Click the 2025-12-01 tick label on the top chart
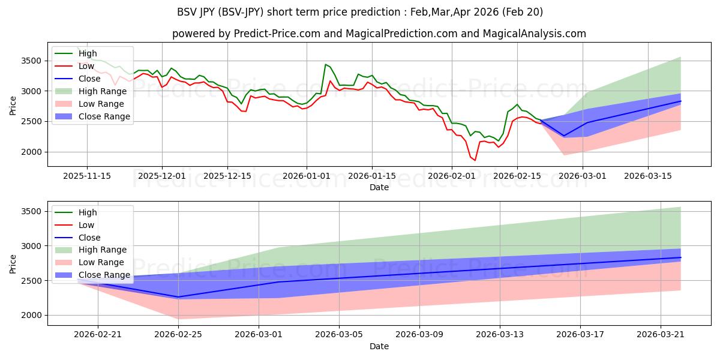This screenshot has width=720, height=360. tap(162, 176)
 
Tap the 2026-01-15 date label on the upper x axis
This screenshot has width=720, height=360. tap(372, 176)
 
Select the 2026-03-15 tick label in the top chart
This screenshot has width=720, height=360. tap(648, 176)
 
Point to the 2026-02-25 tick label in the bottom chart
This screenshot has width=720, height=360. tap(178, 335)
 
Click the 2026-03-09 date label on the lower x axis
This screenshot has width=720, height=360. tap(419, 335)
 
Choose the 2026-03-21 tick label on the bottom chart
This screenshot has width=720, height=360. tap(661, 335)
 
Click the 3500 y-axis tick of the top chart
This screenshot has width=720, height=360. tap(31, 61)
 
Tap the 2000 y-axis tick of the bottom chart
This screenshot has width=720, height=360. tap(31, 316)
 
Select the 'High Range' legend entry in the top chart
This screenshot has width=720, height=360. tap(91, 91)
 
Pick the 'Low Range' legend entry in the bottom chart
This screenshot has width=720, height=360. tap(89, 262)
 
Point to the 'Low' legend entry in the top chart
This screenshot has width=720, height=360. tap(74, 66)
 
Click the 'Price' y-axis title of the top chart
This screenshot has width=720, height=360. tap(13, 106)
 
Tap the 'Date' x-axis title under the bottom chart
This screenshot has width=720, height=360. tap(379, 346)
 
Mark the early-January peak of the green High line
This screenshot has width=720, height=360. tap(325, 64)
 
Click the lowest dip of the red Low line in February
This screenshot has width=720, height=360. tap(475, 160)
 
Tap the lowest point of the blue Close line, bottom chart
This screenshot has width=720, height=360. tap(178, 297)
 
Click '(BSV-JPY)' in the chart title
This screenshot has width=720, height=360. tap(241, 12)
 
